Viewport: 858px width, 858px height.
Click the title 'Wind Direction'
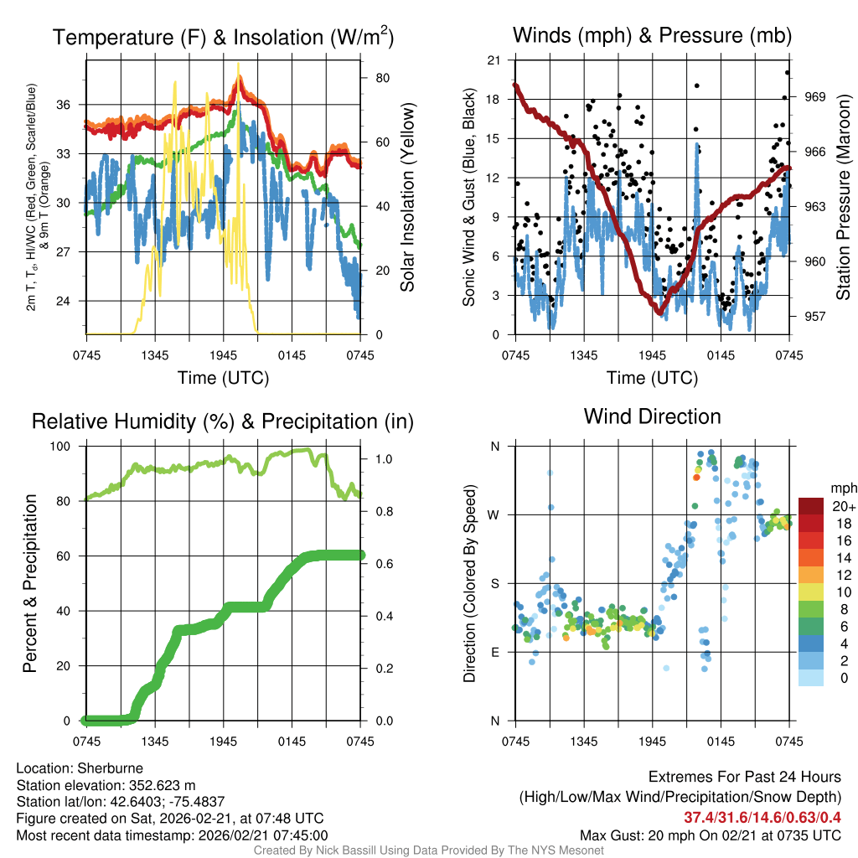click(x=652, y=416)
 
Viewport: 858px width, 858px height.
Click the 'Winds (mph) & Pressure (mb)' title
click(x=652, y=35)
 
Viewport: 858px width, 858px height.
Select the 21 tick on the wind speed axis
click(x=494, y=59)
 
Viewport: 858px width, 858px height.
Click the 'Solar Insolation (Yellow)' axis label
click(x=408, y=197)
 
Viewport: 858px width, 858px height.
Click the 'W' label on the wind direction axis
click(x=494, y=514)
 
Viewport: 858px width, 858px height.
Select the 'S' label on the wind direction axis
click(x=494, y=583)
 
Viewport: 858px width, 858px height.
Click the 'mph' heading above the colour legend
click(x=842, y=488)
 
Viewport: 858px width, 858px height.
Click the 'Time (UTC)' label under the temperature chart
click(x=223, y=378)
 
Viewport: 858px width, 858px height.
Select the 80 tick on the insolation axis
click(x=382, y=78)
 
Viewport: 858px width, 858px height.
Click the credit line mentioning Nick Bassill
click(x=428, y=850)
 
